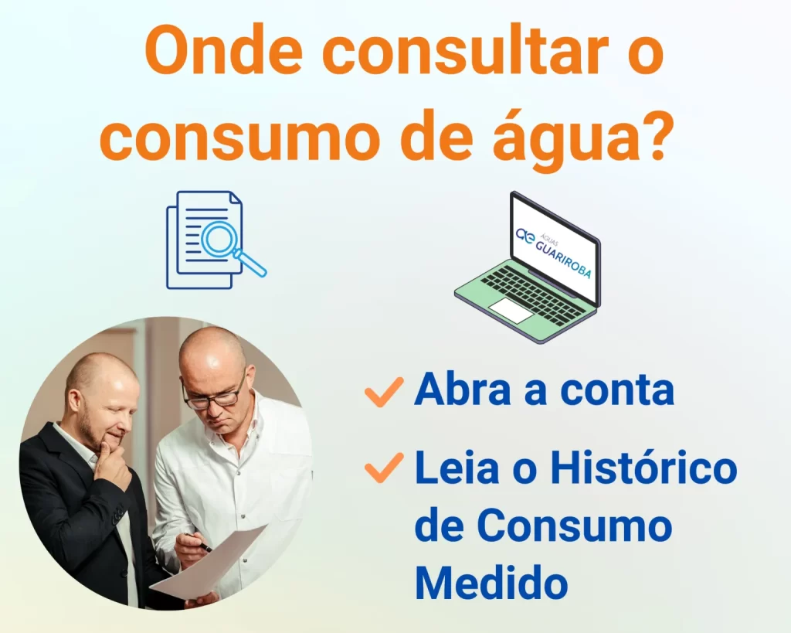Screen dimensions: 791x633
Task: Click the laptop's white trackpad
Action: pos(512,309)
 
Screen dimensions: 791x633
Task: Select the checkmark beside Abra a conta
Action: pos(384,392)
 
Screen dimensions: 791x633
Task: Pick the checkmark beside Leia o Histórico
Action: pos(384,468)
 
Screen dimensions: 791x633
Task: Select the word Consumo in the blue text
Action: pos(575,525)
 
